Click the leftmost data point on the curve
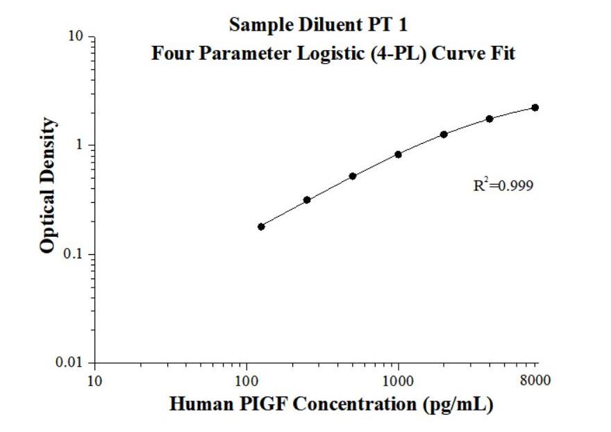[261, 226]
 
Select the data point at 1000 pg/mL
[398, 154]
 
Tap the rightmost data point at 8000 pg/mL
[535, 108]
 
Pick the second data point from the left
[307, 200]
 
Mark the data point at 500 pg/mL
[353, 176]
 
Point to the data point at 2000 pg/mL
[444, 134]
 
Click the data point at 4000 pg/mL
[489, 119]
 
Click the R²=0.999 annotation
[503, 185]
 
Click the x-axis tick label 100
[246, 380]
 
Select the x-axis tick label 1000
[398, 380]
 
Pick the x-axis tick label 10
[95, 380]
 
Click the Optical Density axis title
[48, 185]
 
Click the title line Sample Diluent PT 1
[319, 25]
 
